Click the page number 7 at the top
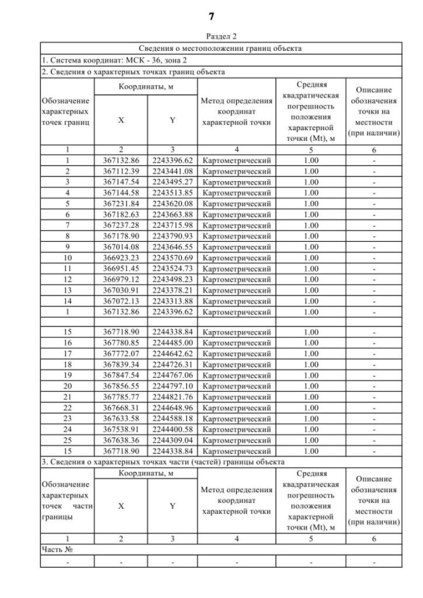point(211,15)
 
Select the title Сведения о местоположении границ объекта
point(221,49)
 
